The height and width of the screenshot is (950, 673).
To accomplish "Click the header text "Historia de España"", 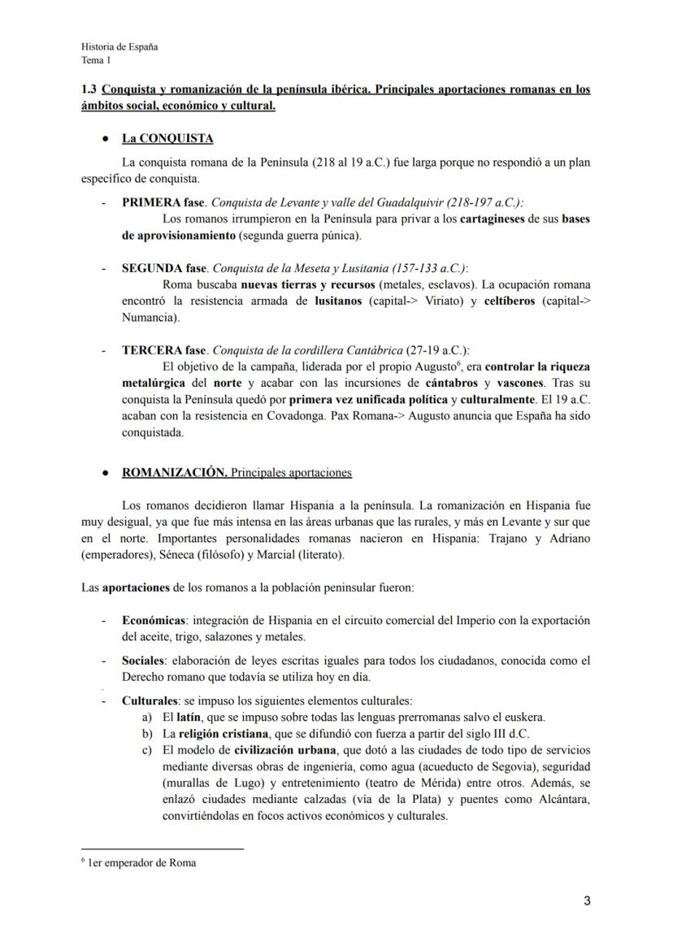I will point(119,46).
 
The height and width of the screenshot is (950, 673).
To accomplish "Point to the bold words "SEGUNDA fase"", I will point(164,268).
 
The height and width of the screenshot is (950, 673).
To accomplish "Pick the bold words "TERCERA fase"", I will point(164,350).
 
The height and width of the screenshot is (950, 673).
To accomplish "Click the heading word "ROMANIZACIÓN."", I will point(174,472).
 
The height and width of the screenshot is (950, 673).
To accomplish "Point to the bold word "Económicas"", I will point(151,621).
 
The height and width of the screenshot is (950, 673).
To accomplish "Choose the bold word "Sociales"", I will point(143,661).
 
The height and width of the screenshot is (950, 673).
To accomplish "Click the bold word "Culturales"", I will point(150,700).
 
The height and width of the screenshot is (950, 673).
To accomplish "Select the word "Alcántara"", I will point(560,800).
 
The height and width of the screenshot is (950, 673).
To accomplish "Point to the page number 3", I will point(587,900).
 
